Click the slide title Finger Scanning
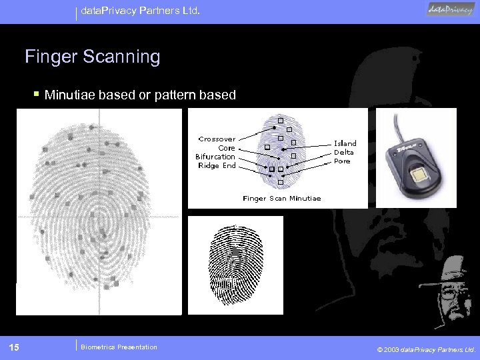93,57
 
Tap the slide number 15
14,347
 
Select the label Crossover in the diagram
217,139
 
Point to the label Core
227,148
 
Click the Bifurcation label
215,157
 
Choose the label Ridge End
217,166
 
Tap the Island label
345,143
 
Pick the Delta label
344,152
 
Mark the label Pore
342,161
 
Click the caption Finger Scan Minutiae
282,199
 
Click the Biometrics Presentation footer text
119,347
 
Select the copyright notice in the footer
426,349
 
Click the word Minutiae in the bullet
71,95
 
